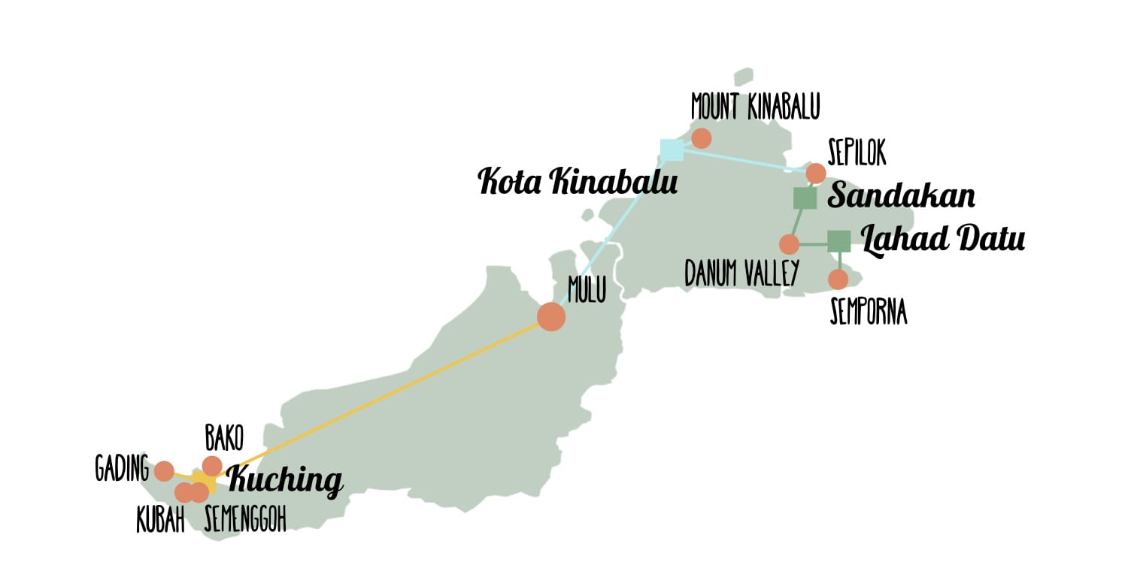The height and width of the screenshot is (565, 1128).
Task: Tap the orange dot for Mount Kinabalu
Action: tap(701, 138)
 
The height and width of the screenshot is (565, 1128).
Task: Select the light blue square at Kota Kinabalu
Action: tap(672, 150)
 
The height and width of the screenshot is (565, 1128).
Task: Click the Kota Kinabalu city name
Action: tap(578, 182)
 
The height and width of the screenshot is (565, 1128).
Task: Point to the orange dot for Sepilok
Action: tap(816, 174)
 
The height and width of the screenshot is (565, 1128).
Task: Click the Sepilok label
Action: tap(856, 151)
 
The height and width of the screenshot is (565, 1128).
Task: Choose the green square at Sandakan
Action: tap(805, 198)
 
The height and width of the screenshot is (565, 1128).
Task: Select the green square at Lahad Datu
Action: tap(838, 241)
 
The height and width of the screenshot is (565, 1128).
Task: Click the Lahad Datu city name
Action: tap(942, 240)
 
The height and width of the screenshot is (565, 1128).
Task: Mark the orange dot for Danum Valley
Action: tap(789, 244)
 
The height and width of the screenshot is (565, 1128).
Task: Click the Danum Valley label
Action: tap(740, 274)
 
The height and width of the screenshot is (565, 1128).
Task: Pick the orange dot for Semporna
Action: tap(838, 279)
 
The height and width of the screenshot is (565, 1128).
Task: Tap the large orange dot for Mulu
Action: tap(551, 316)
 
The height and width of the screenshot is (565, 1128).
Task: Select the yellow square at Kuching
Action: tap(204, 481)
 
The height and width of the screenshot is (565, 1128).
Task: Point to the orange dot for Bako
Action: tap(213, 466)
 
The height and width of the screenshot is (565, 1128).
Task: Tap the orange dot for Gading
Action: tap(164, 471)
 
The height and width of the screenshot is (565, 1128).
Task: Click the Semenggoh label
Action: tap(245, 520)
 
